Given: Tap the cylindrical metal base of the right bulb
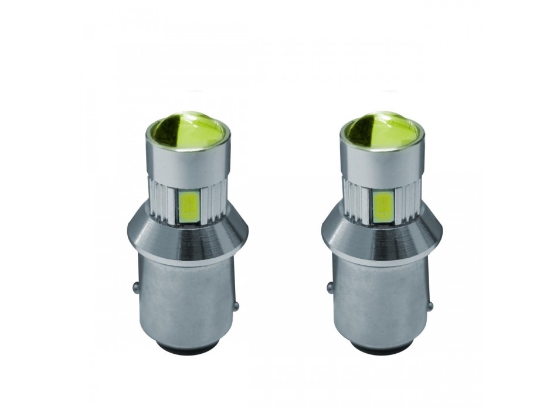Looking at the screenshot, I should point(379,305).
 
